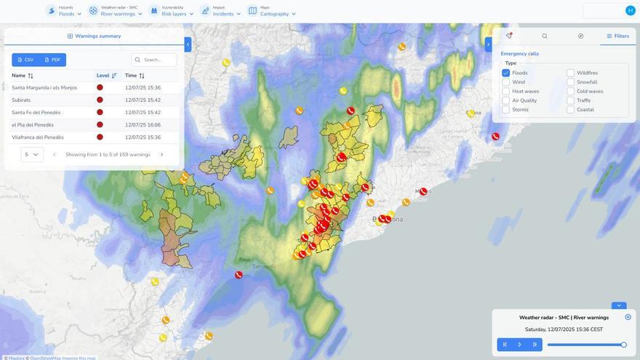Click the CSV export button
tap(25, 60)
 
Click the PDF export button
tap(52, 60)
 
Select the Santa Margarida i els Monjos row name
tap(44, 87)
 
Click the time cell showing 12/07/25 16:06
tap(143, 124)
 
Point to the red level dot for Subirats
tap(100, 100)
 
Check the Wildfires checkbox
tap(571, 73)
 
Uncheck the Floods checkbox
tap(506, 73)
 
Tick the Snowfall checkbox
tap(571, 82)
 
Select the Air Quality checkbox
tap(506, 100)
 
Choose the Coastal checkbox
tap(571, 110)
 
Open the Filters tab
tap(617, 36)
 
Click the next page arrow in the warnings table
tap(161, 154)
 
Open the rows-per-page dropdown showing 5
tap(32, 154)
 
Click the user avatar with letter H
tap(630, 10)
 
